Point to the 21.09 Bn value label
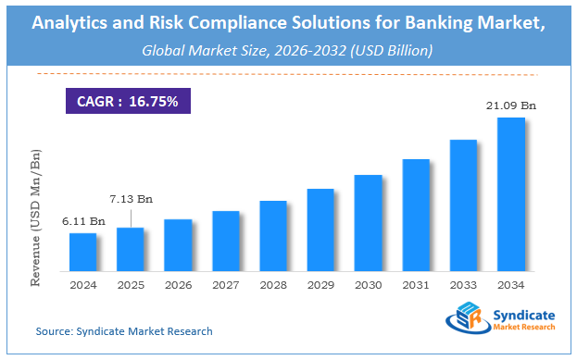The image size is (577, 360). coord(511,107)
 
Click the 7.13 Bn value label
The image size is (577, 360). coord(131,198)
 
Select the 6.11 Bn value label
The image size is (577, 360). coord(82,222)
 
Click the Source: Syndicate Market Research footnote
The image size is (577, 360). coord(124,330)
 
